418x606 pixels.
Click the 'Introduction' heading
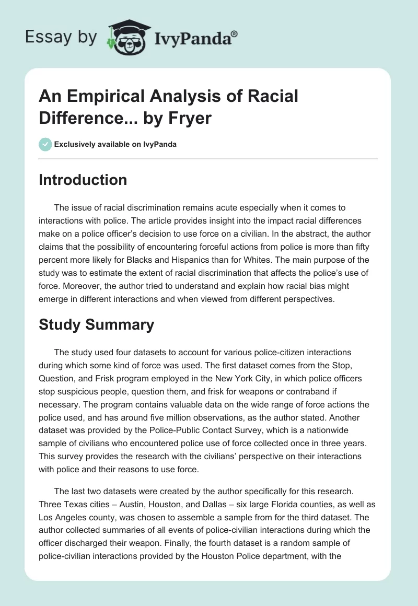pos(83,180)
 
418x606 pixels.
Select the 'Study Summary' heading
pos(96,324)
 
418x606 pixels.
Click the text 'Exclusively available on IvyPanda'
pos(115,145)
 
